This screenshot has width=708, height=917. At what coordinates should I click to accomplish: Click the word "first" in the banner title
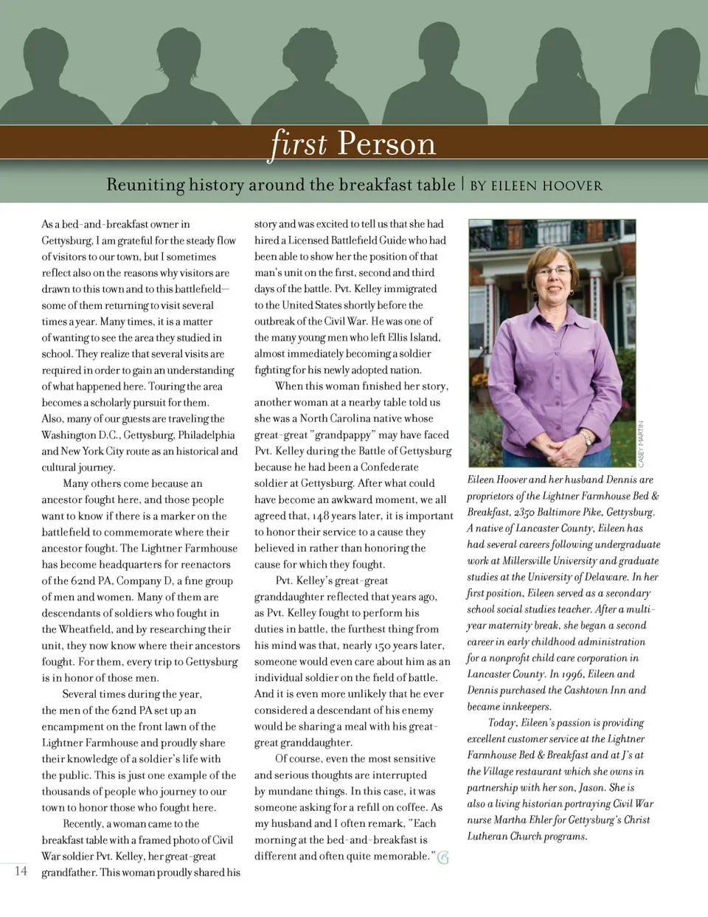tap(299, 142)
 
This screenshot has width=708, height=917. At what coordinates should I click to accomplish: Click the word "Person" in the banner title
tap(386, 143)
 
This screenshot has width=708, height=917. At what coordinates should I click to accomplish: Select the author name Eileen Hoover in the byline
tap(547, 185)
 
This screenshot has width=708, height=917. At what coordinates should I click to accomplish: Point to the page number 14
tap(21, 871)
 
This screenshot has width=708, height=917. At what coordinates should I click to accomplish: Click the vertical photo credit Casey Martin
tap(641, 444)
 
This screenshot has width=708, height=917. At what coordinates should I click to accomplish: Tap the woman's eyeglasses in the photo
tap(553, 271)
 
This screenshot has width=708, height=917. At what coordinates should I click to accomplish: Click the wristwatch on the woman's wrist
tap(586, 438)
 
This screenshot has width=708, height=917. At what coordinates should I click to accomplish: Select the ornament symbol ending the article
tap(443, 857)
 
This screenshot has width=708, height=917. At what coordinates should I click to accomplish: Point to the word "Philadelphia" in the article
tap(205, 435)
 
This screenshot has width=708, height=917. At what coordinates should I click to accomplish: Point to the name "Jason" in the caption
tap(591, 788)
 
